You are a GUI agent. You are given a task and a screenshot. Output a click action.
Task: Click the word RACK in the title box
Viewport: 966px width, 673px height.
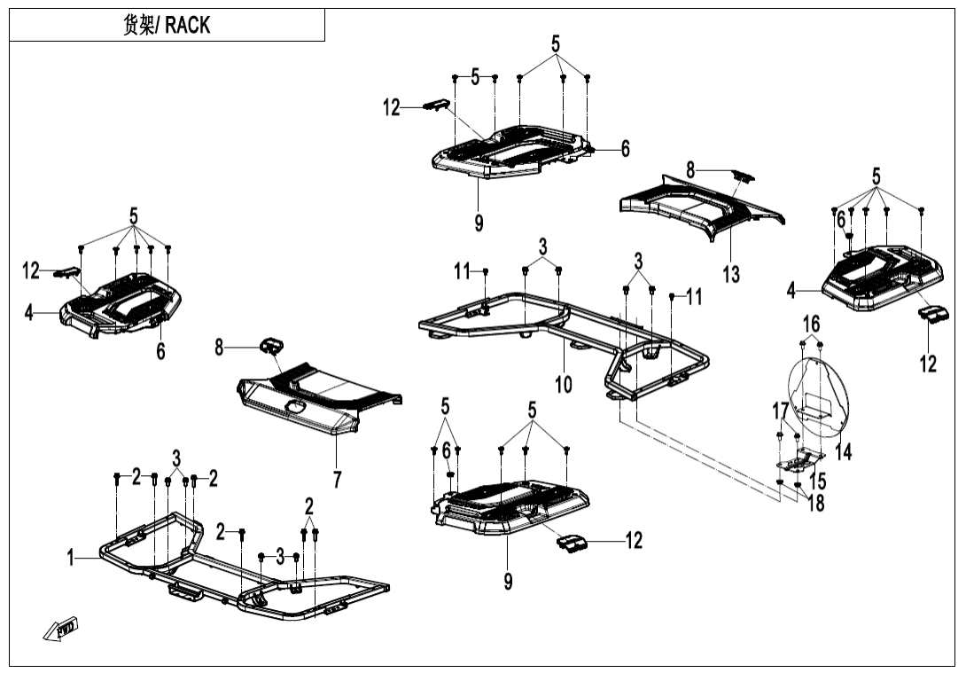tap(187, 25)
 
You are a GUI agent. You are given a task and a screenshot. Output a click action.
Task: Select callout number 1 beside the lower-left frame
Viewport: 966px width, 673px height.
tap(71, 558)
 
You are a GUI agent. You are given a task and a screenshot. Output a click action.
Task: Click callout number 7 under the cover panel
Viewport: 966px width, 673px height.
tap(337, 480)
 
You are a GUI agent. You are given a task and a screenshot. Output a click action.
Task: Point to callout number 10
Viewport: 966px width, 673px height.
tap(564, 384)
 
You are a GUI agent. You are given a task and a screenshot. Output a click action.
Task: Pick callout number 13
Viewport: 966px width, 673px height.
tap(730, 274)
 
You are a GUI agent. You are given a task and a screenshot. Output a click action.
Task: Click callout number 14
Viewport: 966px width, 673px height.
tap(844, 451)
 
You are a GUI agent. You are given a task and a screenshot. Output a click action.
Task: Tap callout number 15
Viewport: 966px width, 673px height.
tap(818, 481)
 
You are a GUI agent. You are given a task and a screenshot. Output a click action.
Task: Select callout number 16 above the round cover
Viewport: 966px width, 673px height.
tap(812, 324)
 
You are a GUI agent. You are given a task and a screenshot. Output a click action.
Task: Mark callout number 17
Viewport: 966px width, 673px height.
tap(780, 411)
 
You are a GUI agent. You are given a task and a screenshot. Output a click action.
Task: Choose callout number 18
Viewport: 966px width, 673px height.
tap(815, 503)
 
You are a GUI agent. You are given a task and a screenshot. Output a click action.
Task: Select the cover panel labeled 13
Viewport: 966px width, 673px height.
tap(700, 209)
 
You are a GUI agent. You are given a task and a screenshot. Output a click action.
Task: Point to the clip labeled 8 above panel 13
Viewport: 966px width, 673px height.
tap(742, 175)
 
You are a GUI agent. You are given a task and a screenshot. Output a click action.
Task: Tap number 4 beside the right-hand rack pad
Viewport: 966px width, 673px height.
tap(791, 290)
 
